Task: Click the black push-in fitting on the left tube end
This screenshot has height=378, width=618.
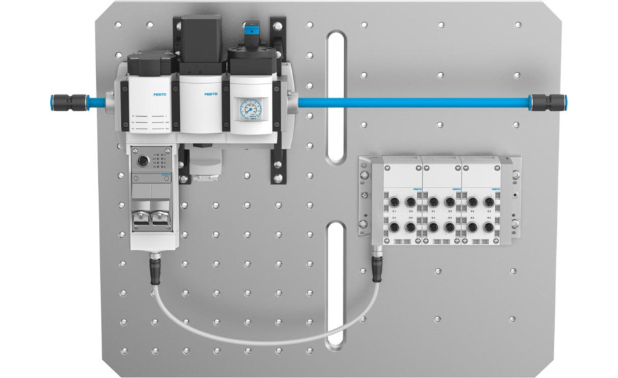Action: pos(64,100)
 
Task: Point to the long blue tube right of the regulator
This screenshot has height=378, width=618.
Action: pos(412,102)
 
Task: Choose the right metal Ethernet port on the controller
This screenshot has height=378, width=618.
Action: pos(163,217)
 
